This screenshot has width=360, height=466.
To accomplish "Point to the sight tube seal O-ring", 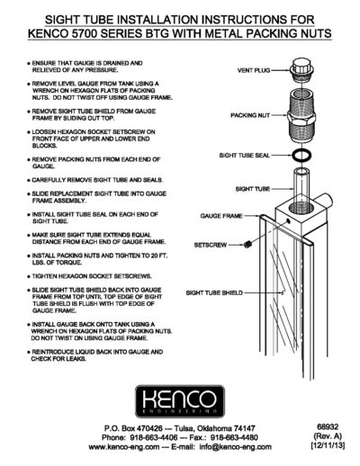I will [x=305, y=157].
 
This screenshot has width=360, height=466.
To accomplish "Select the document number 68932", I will [x=319, y=429].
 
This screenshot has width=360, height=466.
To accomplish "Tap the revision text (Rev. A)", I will [x=319, y=438].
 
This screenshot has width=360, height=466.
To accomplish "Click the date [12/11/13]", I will [x=319, y=447].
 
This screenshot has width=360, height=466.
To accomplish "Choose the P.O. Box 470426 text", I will [x=132, y=429].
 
